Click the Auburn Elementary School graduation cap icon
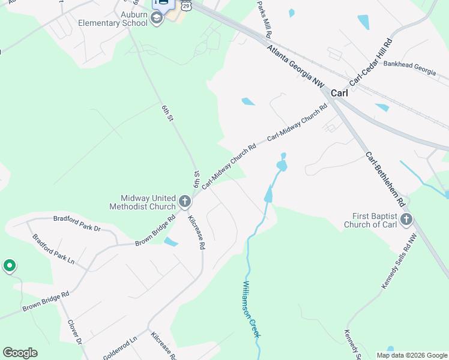[x=157, y=18]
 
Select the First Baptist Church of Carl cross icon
[x=406, y=219]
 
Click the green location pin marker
[x=9, y=265]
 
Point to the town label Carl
[x=339, y=93]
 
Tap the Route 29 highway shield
[x=187, y=5]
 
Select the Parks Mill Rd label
[x=265, y=18]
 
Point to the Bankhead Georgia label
[x=409, y=67]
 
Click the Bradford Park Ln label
[x=53, y=250]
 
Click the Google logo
[x=20, y=353]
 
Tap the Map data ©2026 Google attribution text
[x=412, y=355]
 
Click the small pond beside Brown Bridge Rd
[x=170, y=242]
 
